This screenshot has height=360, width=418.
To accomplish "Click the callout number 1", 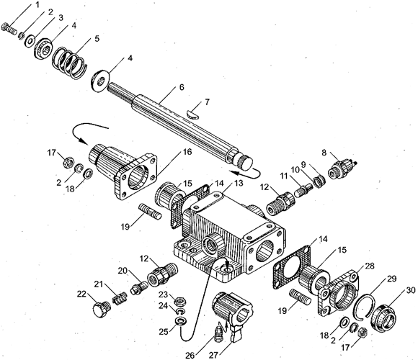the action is click(x=37, y=5).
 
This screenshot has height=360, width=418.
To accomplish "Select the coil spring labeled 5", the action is click(x=70, y=63).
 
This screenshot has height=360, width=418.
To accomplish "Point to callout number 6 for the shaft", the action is click(x=182, y=87).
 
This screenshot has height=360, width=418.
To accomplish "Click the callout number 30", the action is click(x=409, y=289).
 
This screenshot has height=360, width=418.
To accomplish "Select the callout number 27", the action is click(x=214, y=355).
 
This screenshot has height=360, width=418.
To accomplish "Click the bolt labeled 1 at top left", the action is click(x=9, y=29).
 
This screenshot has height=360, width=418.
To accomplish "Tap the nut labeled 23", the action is click(x=180, y=301).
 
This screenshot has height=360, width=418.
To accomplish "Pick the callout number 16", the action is click(x=187, y=152).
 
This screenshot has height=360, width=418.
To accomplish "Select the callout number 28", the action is click(x=370, y=266).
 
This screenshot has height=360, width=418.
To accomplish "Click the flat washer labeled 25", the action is click(x=180, y=321).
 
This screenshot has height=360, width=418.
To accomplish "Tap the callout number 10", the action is click(x=295, y=169).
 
